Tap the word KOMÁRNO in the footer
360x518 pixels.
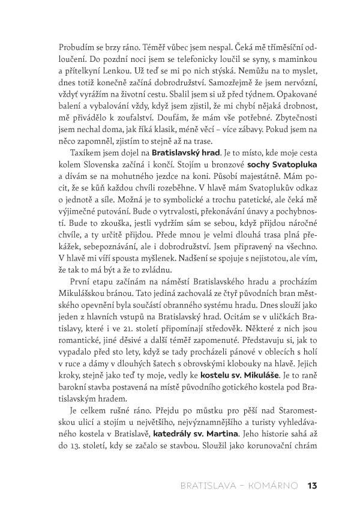click(277, 486)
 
